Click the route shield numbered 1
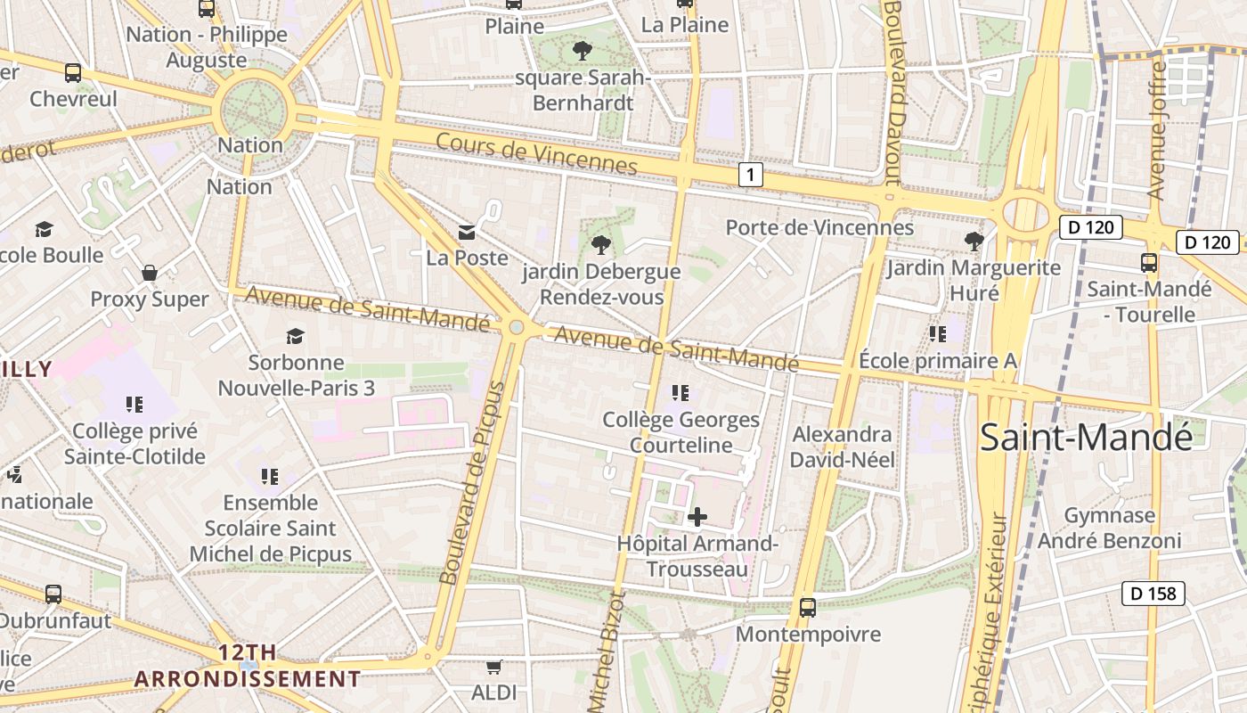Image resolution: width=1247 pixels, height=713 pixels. [x=751, y=175]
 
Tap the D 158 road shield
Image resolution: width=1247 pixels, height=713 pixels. [x=1153, y=593]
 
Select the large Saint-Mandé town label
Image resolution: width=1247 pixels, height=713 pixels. [x=1086, y=437]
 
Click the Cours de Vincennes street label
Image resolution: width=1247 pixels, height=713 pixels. [x=536, y=153]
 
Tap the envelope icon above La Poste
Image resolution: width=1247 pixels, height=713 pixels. [x=467, y=233]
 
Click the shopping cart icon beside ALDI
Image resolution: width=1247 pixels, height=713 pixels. [x=493, y=667]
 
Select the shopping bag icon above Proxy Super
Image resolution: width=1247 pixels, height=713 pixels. [x=150, y=273]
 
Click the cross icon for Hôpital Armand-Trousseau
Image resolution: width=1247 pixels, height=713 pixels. [x=697, y=517]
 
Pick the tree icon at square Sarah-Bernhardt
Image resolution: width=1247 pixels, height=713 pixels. [x=583, y=51]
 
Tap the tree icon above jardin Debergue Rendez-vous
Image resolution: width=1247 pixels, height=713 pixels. [x=601, y=244]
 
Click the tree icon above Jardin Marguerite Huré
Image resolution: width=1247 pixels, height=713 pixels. [x=974, y=241]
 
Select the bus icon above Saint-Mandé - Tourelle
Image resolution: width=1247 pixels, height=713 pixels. [x=1149, y=263]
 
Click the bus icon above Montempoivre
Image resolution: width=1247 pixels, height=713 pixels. [x=808, y=608]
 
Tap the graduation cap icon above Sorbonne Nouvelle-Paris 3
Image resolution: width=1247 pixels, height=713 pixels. [x=295, y=336]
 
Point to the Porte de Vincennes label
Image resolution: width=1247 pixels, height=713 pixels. [x=819, y=227]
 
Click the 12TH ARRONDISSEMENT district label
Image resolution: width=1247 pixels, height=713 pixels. [x=248, y=666]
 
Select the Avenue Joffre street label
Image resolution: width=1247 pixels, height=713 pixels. [x=1157, y=129]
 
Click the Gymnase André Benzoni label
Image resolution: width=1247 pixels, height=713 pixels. [x=1110, y=528]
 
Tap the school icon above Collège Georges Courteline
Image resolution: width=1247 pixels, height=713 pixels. [x=681, y=393]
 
